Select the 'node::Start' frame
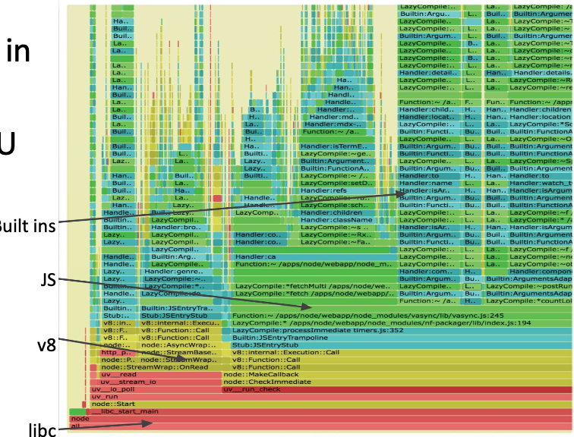(x=113, y=404)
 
